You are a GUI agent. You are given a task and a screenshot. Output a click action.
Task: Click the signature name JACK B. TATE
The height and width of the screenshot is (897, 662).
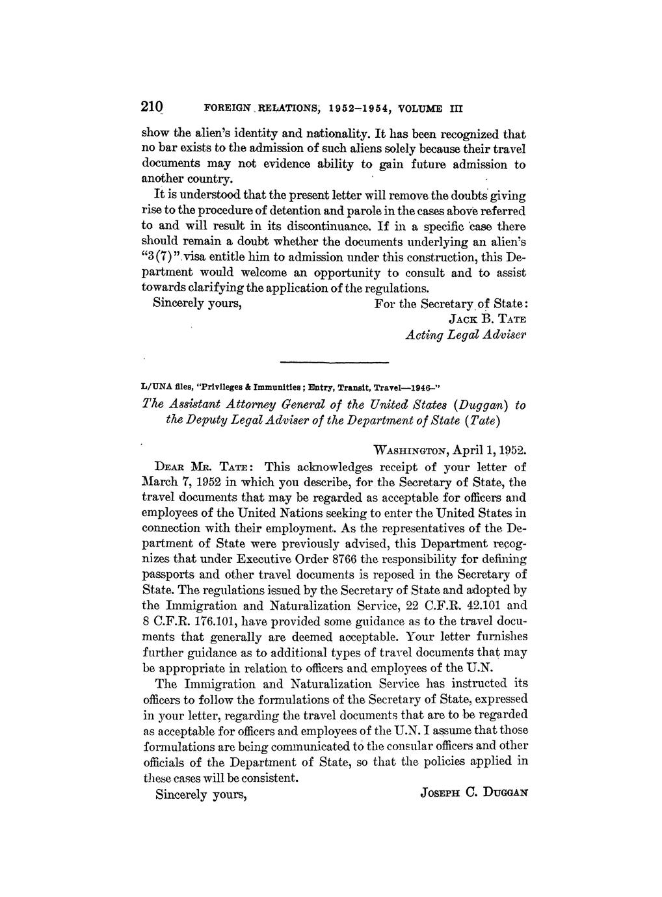click(x=487, y=319)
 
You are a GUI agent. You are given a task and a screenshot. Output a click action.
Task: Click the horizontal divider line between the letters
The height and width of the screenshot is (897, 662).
click(x=334, y=361)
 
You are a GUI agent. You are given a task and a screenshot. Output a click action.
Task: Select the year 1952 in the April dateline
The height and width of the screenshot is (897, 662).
click(x=510, y=450)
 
